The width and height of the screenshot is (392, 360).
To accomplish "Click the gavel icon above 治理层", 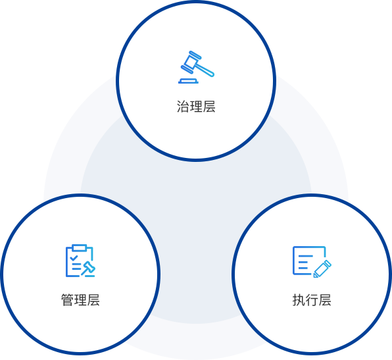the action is point(196,67).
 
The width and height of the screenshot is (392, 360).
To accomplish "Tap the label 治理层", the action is point(196,107).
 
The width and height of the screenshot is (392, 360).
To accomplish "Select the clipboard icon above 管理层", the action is point(80,261).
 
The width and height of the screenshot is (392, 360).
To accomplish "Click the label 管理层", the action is point(80,299).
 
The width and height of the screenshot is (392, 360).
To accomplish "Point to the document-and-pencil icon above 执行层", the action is point(312,262).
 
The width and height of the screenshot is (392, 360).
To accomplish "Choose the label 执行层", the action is point(312,299).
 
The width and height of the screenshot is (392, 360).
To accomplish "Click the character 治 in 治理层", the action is point(184,107).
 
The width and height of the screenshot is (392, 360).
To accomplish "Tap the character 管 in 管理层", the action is point(68,299).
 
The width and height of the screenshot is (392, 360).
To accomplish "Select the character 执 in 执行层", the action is point(299,299).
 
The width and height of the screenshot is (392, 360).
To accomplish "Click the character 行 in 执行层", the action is point(312,299).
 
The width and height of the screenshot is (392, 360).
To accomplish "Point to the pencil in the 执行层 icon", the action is point(322,269).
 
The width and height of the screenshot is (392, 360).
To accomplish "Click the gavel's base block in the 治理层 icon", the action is point(188,81).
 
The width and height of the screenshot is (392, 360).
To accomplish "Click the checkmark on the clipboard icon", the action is point(74,258).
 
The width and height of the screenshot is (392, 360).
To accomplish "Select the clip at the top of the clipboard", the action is point(80,247).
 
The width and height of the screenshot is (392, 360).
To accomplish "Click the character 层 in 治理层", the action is point(209,107).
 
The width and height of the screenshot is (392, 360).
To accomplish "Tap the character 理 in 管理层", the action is point(80,299).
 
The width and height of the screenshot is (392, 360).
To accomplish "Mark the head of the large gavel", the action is point(191,63).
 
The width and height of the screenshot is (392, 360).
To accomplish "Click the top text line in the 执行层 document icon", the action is point(306,256).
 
